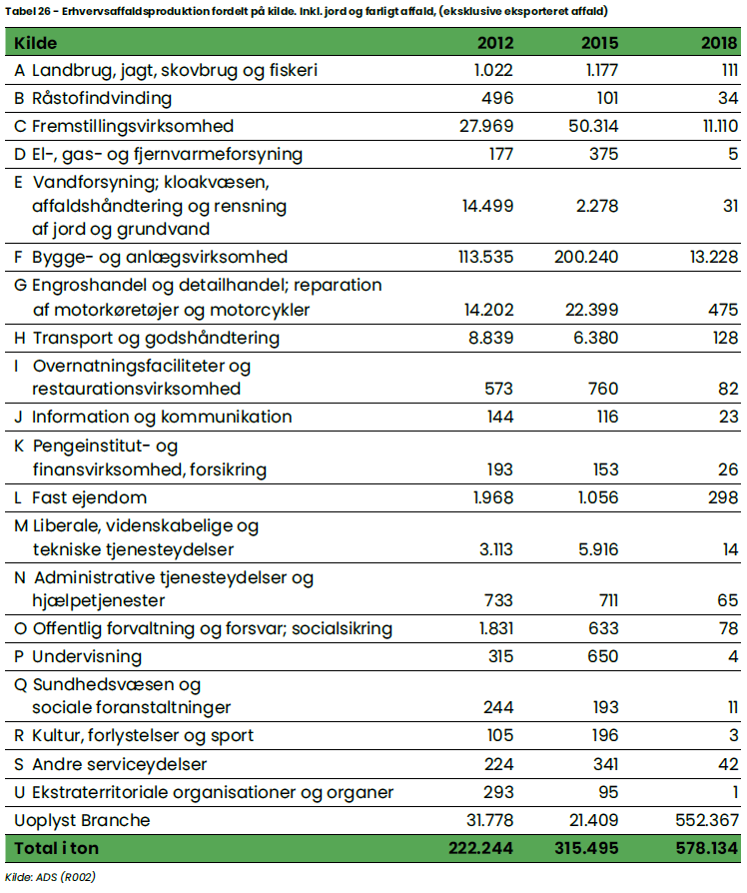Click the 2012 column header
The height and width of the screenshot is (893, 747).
pos(494,44)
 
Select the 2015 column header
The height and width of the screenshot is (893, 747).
pos(599,44)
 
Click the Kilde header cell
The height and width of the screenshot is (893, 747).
pos(35,44)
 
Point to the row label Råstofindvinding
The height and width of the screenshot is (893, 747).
pos(102,98)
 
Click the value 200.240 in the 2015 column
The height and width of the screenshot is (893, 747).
pos(586,257)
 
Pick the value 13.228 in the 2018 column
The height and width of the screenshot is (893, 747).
pos(707,257)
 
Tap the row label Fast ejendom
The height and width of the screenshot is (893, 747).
pos(89,497)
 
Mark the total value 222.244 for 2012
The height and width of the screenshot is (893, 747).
pos(481,848)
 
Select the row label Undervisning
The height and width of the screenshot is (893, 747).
pos(87,656)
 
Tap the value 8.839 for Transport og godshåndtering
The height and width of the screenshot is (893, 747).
pos(489,338)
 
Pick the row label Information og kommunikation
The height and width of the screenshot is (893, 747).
pos(162,417)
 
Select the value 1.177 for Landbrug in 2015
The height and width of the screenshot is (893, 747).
pos(597,71)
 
